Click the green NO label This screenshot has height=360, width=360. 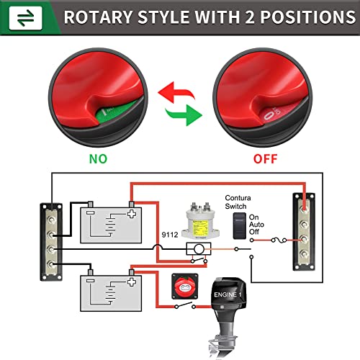tap(98, 159)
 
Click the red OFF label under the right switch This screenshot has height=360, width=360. tap(265, 159)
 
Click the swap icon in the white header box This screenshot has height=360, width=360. tap(26, 18)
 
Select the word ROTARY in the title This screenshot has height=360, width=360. tap(98, 17)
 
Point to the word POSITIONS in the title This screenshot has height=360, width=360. tap(308, 17)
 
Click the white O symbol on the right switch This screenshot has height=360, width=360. tap(268, 117)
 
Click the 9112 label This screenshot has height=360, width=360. tap(170, 235)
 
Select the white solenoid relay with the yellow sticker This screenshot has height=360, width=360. tap(200, 221)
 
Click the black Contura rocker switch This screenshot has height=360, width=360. tap(240, 225)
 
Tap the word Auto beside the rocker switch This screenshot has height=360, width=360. tap(256, 225)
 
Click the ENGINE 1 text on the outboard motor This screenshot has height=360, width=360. tap(228, 294)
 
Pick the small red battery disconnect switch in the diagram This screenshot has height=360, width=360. tap(185, 286)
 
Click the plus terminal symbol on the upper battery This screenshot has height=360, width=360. tap(132, 214)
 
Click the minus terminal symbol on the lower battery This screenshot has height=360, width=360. tap(90, 281)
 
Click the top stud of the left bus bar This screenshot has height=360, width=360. tap(51, 220)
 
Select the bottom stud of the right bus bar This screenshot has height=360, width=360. tap(304, 253)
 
